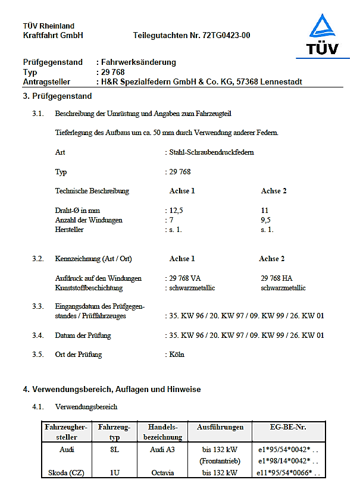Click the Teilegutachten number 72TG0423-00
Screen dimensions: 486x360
192,35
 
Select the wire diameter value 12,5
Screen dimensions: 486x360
175,211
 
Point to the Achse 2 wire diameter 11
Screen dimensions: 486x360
265,211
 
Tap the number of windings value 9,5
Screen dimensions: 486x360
266,220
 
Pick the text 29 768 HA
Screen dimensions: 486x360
277,278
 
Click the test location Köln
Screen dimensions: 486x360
177,355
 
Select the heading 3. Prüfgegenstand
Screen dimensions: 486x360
57,96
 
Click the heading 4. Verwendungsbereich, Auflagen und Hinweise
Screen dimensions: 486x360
112,390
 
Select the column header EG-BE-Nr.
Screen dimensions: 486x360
288,428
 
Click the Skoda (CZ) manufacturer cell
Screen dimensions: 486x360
65,473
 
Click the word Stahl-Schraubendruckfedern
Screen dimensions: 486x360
211,152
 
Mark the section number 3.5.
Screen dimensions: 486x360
38,355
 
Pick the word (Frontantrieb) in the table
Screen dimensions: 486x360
220,462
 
